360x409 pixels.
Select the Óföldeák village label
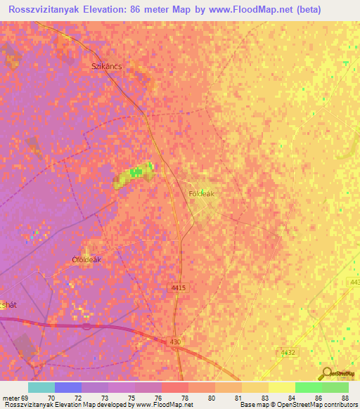pos(86,259)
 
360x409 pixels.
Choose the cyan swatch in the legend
pos(41,387)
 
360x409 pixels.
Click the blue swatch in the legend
pos(68,387)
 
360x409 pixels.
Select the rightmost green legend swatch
pos(335,387)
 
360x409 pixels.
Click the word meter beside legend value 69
pos(12,396)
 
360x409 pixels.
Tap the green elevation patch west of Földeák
pos(136,173)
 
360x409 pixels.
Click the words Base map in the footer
pos(257,405)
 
